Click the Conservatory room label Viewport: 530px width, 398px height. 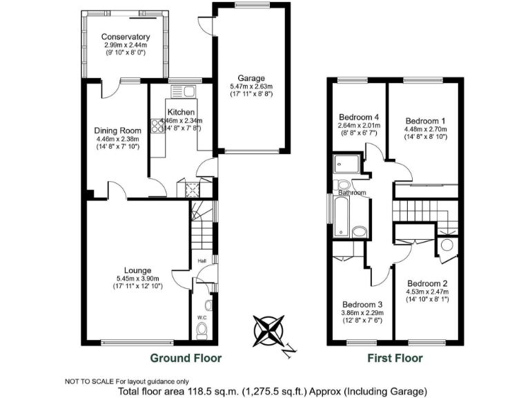(125, 37)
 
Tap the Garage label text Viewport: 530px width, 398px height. (251, 78)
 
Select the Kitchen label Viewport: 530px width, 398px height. (180, 112)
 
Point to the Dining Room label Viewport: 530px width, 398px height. (117, 130)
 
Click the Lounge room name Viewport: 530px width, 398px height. (137, 270)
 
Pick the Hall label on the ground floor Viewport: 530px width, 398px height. (202, 261)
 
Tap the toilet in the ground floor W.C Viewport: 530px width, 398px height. (202, 333)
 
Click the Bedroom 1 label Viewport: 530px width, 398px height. (424, 120)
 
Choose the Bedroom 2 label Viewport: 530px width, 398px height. (427, 283)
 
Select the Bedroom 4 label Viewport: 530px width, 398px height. (359, 117)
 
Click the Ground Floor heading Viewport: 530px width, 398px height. (186, 358)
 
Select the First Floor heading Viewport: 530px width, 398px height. (395, 358)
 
